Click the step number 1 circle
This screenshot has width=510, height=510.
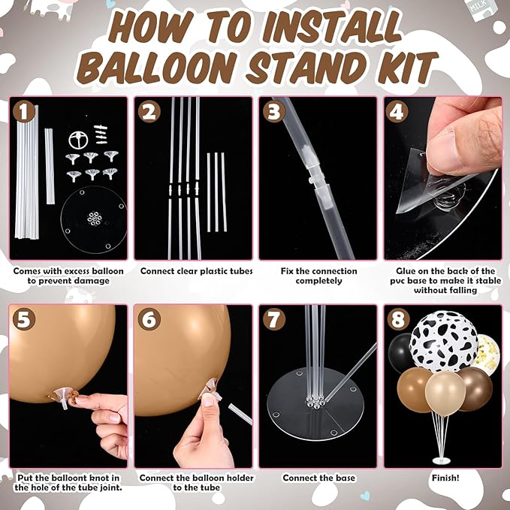click(x=25, y=113)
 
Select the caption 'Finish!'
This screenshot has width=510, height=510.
click(x=442, y=478)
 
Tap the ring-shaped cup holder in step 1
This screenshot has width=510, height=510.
click(x=77, y=139)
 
